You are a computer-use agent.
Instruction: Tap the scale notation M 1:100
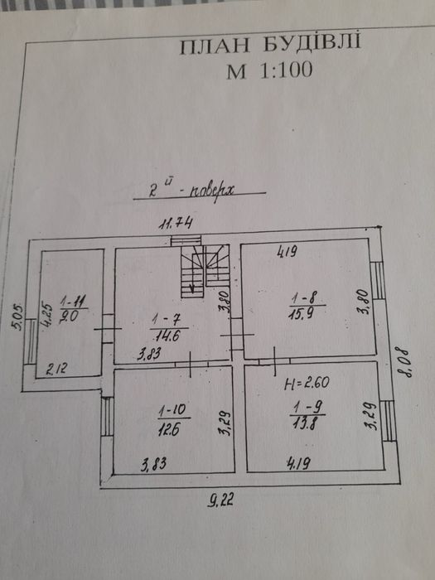coord(269,70)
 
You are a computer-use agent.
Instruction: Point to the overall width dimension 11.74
coord(176,224)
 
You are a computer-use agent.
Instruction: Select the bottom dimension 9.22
coord(220,500)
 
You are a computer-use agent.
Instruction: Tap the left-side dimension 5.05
coord(17,317)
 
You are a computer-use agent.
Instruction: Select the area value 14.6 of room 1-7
coord(167,336)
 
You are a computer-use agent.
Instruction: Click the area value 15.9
coord(302,314)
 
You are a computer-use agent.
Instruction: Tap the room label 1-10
coord(174,411)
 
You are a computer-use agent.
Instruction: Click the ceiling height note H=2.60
coord(307,383)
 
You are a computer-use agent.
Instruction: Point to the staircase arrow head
coord(192,289)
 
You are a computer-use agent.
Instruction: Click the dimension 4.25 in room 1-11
coord(46,314)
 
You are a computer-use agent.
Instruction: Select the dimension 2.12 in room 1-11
coord(57,369)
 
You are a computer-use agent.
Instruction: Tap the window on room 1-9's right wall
coord(388,421)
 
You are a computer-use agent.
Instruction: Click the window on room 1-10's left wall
coord(107,417)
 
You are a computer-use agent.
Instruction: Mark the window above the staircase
coord(186,240)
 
